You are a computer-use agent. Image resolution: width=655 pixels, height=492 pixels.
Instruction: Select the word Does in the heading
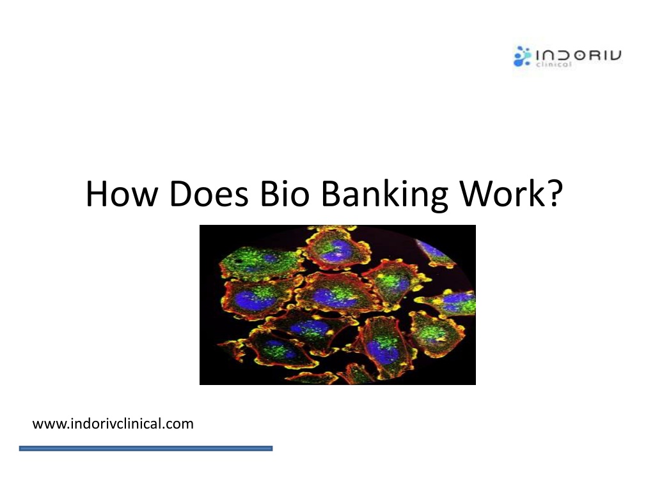[209, 193]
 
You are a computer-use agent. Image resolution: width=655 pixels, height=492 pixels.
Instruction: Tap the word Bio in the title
[285, 193]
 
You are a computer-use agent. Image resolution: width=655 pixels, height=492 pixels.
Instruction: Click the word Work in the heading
[501, 193]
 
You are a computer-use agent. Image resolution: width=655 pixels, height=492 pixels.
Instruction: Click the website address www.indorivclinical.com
[113, 424]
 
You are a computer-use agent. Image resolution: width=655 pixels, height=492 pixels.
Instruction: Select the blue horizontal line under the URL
[146, 448]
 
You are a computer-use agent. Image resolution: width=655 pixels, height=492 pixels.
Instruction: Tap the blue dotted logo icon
[522, 56]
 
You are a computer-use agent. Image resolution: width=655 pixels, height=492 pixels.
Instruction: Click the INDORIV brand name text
[578, 55]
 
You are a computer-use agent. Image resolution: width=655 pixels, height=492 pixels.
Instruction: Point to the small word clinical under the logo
[554, 65]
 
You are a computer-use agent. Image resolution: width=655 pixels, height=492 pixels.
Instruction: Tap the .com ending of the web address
[178, 425]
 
